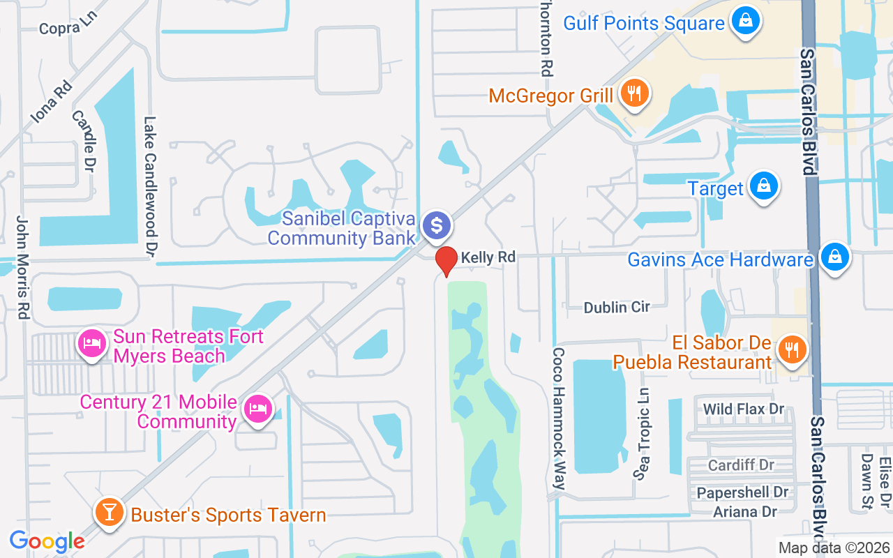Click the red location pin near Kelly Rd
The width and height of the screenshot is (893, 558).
pyautogui.click(x=446, y=262)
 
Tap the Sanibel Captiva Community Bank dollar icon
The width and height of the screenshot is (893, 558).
pyautogui.click(x=437, y=225)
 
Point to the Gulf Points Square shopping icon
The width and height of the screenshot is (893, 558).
pyautogui.click(x=746, y=22)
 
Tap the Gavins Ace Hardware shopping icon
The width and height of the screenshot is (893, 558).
pyautogui.click(x=834, y=259)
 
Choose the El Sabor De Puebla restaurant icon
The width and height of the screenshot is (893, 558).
pyautogui.click(x=790, y=350)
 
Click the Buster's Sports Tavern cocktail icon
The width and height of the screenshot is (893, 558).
pyautogui.click(x=109, y=513)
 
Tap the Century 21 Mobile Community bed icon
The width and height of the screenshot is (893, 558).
pyautogui.click(x=258, y=410)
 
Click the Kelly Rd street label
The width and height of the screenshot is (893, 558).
pyautogui.click(x=488, y=257)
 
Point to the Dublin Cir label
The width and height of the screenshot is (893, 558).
pyautogui.click(x=617, y=307)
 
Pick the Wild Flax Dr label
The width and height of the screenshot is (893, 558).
pyautogui.click(x=744, y=409)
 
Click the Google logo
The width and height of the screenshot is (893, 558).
pyautogui.click(x=47, y=541)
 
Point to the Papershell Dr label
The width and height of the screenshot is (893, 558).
pyautogui.click(x=742, y=492)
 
